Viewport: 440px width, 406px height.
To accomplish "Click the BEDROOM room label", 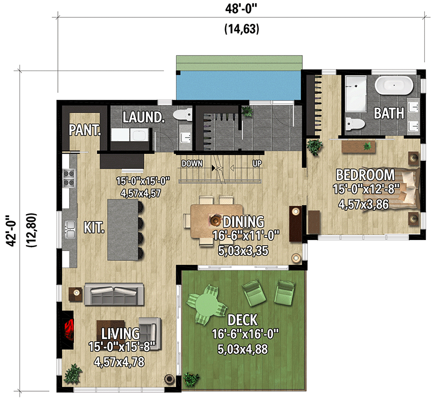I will pyautogui.click(x=365, y=175).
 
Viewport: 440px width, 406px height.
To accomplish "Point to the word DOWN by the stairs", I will pyautogui.click(x=193, y=163).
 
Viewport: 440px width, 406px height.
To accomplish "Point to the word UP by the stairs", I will pyautogui.click(x=257, y=163).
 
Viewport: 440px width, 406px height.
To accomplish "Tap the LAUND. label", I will pyautogui.click(x=144, y=118).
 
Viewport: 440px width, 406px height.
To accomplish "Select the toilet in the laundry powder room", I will pyautogui.click(x=181, y=115).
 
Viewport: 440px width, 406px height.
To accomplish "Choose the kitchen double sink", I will pyautogui.click(x=69, y=231).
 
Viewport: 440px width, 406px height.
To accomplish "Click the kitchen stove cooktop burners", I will pyautogui.click(x=69, y=178).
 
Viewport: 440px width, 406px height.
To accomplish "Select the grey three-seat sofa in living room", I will pyautogui.click(x=114, y=293).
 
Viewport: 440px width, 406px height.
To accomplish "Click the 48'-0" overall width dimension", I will pyautogui.click(x=241, y=9).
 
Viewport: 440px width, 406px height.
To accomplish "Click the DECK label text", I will pyautogui.click(x=242, y=320).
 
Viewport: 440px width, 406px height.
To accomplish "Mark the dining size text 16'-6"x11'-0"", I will pyautogui.click(x=247, y=236).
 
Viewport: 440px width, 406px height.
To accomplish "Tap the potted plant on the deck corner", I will pyautogui.click(x=191, y=378).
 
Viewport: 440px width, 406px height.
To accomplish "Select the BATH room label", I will pyautogui.click(x=389, y=113).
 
